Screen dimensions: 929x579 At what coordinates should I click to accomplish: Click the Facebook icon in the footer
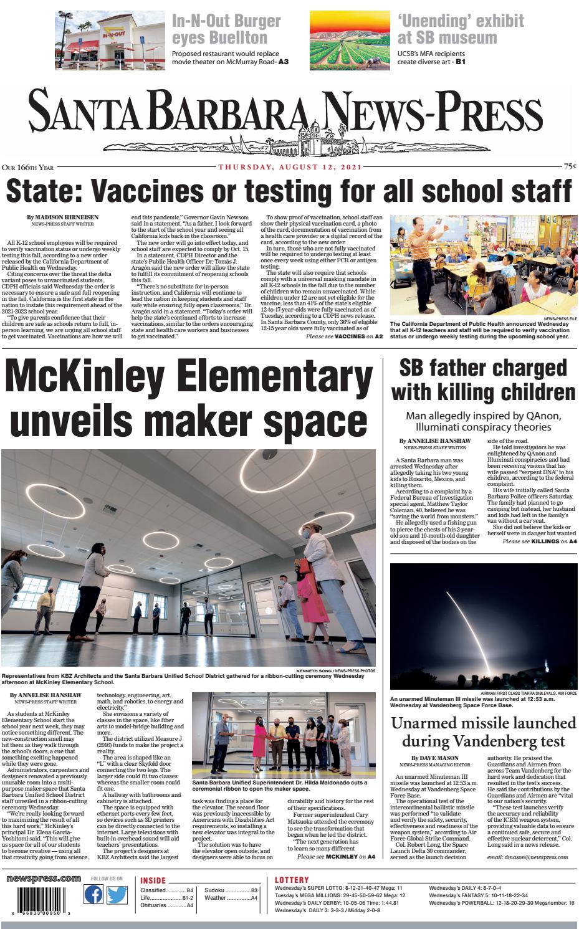tap(93, 895)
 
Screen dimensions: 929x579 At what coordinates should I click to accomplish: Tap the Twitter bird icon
tap(117, 895)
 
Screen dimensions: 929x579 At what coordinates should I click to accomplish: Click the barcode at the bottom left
tap(40, 898)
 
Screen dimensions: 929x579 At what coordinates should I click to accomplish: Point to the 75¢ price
tap(569, 167)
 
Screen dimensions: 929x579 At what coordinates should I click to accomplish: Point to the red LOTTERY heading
tap(292, 880)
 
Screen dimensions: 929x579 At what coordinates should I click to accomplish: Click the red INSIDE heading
tap(153, 881)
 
